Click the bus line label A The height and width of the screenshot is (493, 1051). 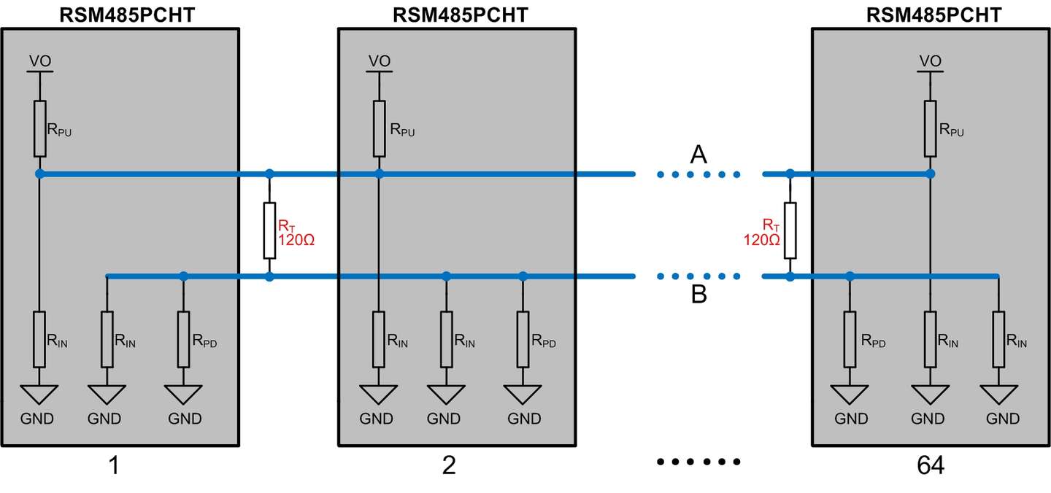tap(698, 154)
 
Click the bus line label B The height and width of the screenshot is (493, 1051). tap(699, 295)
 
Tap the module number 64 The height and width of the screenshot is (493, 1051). tap(931, 465)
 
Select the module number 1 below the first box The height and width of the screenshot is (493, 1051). tap(114, 465)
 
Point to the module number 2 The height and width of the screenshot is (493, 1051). tap(449, 465)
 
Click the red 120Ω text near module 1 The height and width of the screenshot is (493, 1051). tap(296, 240)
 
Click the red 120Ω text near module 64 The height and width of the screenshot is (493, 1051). tap(761, 240)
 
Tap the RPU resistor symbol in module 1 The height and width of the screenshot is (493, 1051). tap(40, 128)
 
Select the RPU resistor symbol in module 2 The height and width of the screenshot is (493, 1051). tap(379, 128)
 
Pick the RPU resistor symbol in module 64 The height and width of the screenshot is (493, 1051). tap(930, 128)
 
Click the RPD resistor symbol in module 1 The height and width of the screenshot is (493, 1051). tap(183, 339)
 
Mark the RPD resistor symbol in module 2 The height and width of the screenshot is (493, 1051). tap(523, 339)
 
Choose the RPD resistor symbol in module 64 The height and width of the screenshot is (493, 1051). tap(850, 339)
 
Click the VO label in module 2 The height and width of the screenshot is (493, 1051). tap(379, 61)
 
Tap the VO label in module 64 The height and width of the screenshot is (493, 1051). tap(930, 61)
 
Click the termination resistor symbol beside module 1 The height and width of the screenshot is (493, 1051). tap(269, 230)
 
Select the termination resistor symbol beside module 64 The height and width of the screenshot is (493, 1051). tap(790, 230)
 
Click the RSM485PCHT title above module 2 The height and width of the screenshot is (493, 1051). tap(461, 15)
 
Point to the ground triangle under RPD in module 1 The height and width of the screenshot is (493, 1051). tap(183, 395)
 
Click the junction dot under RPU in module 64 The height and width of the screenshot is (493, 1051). tap(930, 174)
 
